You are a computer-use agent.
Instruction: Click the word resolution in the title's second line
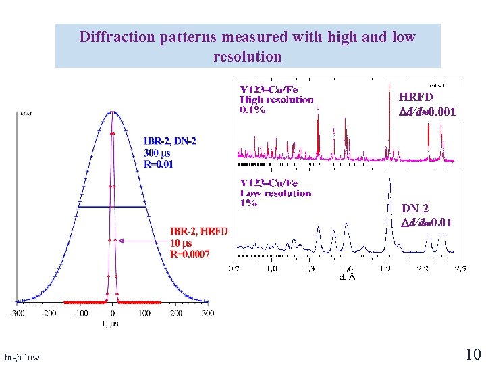point(247,56)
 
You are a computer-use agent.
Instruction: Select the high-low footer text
point(22,356)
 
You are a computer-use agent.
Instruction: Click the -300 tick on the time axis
point(17,314)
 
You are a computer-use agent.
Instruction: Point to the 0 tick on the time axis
point(113,314)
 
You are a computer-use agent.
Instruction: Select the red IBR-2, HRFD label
point(199,232)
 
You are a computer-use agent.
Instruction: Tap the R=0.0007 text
point(190,254)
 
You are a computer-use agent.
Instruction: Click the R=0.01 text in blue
point(159,164)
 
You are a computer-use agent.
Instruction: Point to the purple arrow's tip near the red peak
point(119,240)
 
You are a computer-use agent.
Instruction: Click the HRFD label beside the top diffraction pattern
point(416,97)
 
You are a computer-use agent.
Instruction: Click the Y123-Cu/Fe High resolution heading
point(277,99)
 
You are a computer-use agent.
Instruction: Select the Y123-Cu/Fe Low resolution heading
point(275,193)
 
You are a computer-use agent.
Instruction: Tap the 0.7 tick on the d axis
point(234,269)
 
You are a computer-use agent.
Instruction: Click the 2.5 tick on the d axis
point(460,269)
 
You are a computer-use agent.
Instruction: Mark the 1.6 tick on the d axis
point(347,269)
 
